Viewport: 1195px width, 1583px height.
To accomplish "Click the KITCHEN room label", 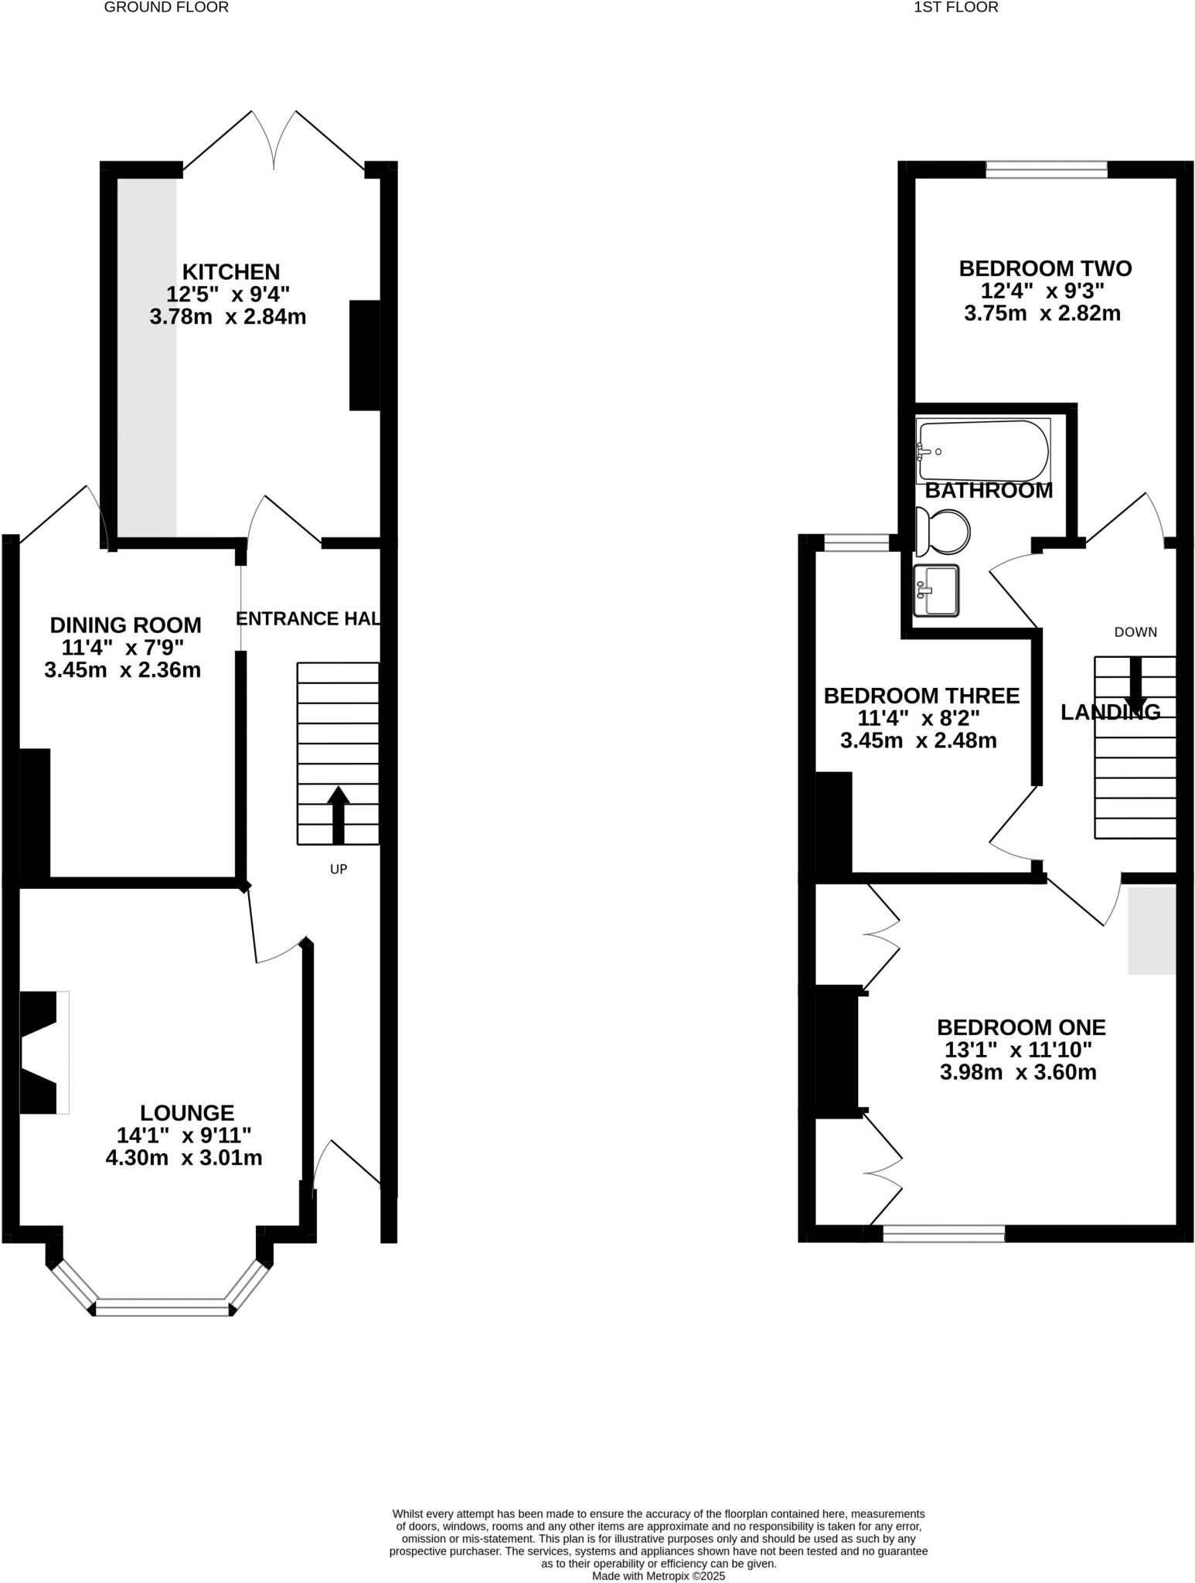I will point(230,272).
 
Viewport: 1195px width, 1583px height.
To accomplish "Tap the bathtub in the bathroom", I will point(982,450).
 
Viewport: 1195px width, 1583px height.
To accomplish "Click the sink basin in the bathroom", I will point(936,591).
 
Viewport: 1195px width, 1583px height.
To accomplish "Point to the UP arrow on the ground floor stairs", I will point(338,815).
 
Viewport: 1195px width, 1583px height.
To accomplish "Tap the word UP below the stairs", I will point(339,869).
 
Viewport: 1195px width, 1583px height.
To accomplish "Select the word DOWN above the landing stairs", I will point(1135,631).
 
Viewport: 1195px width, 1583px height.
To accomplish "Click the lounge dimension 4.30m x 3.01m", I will point(184,1158).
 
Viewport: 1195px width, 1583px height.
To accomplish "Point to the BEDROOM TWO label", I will point(1045,269).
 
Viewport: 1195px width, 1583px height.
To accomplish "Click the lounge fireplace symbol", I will point(43,1052).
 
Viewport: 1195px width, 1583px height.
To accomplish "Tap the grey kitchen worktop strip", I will point(147,356).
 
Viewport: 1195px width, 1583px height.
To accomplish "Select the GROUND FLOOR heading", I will point(166,8).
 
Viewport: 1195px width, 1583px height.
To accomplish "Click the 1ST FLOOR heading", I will point(955,8).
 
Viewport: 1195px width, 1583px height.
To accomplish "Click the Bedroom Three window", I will point(856,543).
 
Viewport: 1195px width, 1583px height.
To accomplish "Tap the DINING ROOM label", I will point(125,625).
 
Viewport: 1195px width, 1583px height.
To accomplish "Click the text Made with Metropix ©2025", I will point(659,1575).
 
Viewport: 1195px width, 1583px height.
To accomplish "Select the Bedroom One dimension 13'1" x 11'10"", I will point(1018,1050).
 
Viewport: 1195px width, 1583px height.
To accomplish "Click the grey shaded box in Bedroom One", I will point(1151,930).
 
